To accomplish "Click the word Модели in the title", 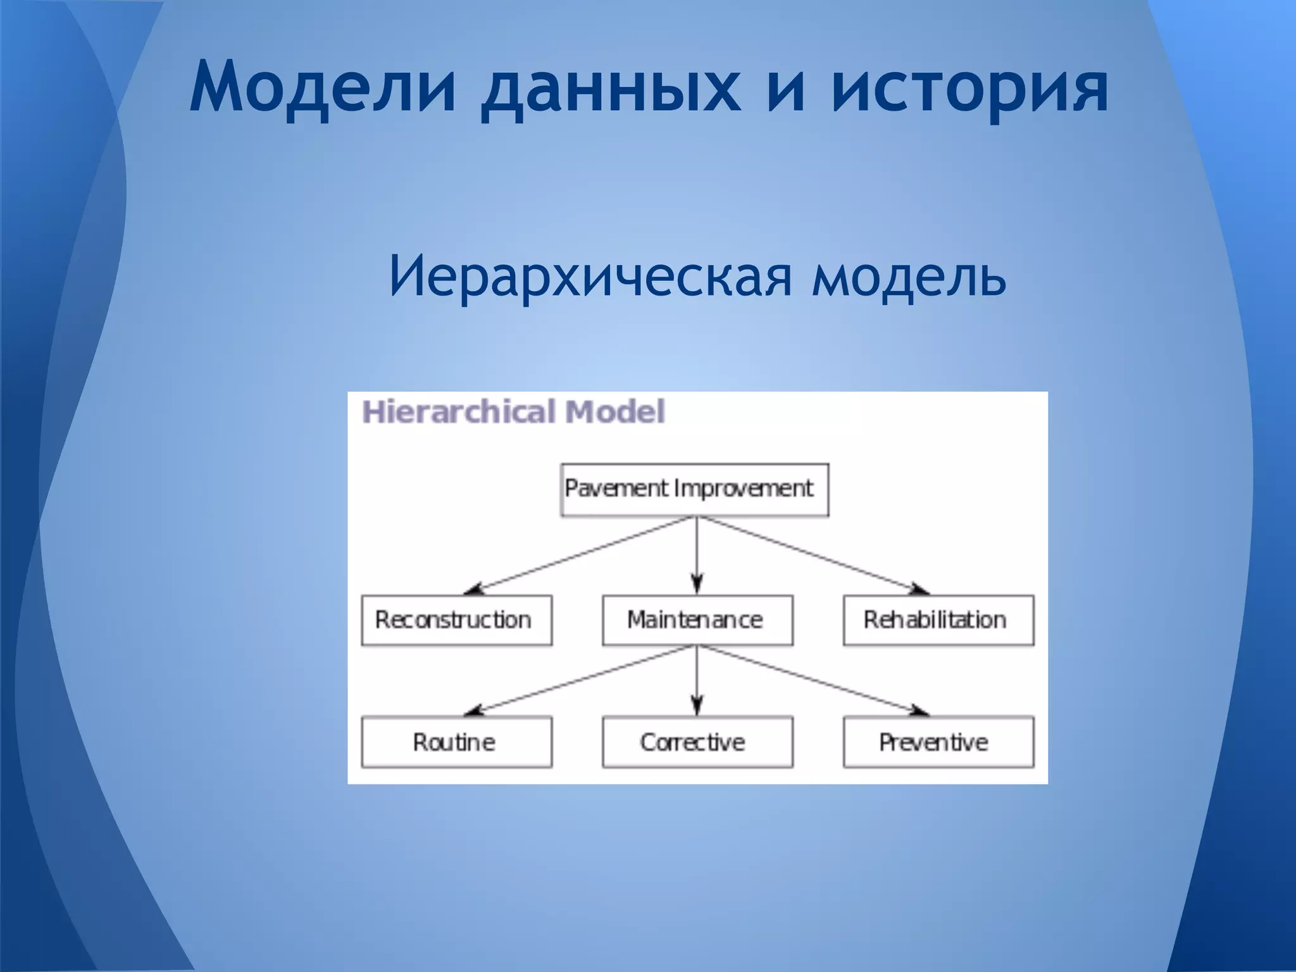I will click(x=323, y=87).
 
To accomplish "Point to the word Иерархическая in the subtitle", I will click(x=590, y=276).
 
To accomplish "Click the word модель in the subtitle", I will click(x=909, y=276).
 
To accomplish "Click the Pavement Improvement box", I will click(x=694, y=490).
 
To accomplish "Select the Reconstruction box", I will click(x=456, y=620).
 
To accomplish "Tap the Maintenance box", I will click(x=697, y=620).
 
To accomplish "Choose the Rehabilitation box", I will click(x=938, y=620).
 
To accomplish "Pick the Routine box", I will click(x=456, y=742).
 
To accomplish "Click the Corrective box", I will click(x=697, y=742).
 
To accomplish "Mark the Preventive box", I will click(x=938, y=742).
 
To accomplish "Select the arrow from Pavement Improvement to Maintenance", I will click(x=697, y=555).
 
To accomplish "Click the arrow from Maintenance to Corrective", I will click(x=697, y=680).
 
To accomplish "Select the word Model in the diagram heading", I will click(x=614, y=412).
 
